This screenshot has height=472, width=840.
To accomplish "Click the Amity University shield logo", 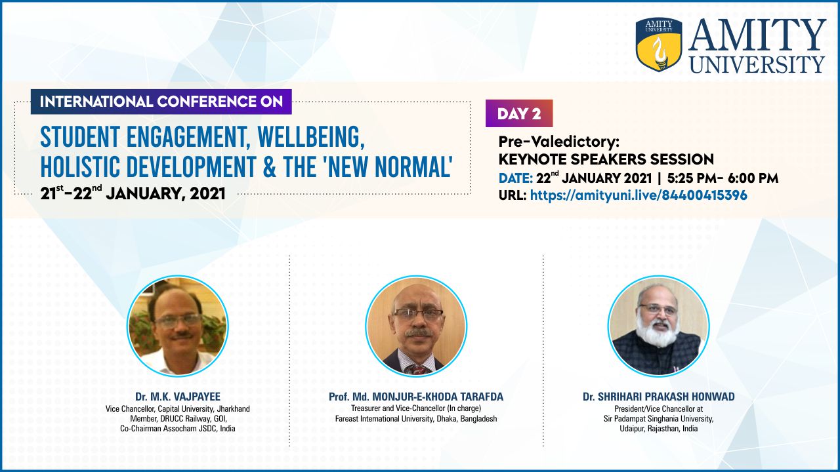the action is click(659, 44).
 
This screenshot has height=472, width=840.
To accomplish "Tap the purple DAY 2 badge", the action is click(519, 113).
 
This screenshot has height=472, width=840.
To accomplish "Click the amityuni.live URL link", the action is click(639, 195).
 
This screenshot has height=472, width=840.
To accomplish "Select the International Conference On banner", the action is click(161, 102).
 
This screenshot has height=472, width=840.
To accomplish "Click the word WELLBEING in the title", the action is click(311, 138).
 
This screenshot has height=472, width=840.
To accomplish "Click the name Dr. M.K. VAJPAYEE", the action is click(178, 397).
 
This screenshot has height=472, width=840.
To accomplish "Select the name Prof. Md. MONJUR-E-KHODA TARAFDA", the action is click(416, 397).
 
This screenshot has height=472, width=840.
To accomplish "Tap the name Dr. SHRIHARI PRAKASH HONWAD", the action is click(658, 397).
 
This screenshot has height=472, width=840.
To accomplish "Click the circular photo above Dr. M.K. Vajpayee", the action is click(178, 326).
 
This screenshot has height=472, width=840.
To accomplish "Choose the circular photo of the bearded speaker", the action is click(658, 326).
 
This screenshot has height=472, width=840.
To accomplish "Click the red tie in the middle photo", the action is click(417, 369).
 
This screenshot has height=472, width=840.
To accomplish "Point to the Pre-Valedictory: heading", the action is click(558, 142).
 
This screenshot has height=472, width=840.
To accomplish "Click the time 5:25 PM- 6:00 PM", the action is click(723, 178).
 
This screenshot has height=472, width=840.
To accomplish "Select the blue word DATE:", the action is click(516, 178).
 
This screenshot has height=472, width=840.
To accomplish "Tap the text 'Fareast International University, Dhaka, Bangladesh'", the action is click(416, 419).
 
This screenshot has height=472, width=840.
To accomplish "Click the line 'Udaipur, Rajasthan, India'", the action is click(658, 429).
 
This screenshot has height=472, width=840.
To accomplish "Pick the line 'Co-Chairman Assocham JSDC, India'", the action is click(178, 429).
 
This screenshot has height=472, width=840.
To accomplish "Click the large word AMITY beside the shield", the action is click(757, 35).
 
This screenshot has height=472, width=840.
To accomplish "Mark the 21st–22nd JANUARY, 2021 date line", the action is click(133, 193).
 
